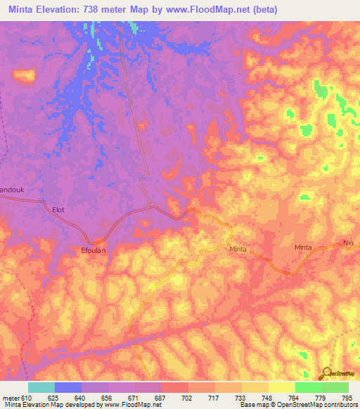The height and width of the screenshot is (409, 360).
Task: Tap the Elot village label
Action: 59,209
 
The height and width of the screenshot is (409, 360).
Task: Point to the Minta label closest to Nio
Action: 303,247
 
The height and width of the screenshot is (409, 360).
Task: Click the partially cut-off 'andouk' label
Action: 12,189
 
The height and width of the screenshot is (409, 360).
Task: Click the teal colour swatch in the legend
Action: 41,387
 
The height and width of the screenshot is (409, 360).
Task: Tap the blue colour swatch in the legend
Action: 68,387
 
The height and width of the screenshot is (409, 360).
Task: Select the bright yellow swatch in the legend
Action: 281,387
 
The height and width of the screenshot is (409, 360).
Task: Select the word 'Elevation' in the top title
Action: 58,9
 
